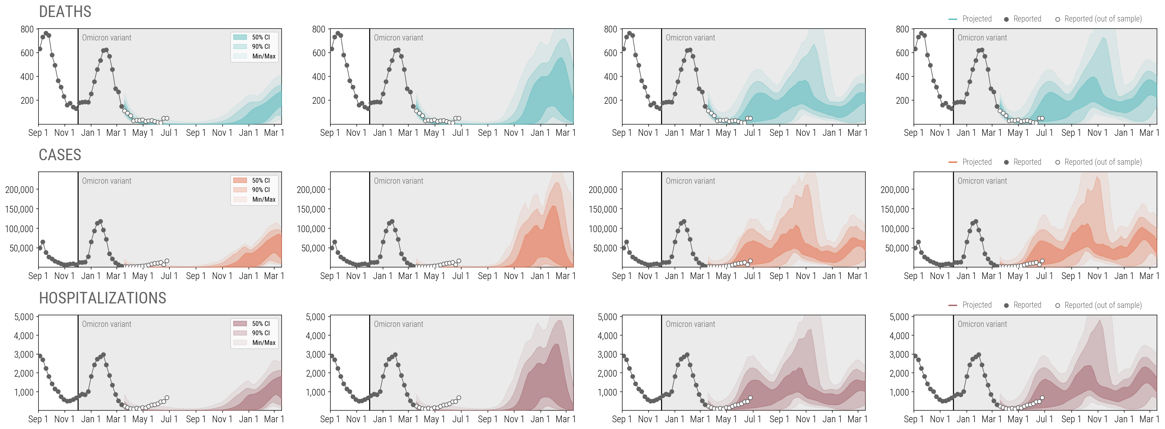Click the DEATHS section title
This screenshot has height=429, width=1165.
[x=65, y=12]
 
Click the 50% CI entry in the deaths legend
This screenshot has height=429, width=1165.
[x=260, y=37]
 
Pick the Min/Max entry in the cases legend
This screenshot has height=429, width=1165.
[x=264, y=199]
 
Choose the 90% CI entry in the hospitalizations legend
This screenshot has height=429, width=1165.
[x=260, y=333]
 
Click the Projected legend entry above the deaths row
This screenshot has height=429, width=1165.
[x=976, y=19]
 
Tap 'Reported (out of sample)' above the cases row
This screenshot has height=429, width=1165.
[x=1102, y=162]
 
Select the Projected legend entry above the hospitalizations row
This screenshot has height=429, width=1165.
[x=976, y=305]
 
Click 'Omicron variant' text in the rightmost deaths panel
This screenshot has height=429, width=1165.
[x=982, y=38]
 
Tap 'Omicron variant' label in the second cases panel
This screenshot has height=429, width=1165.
[x=398, y=181]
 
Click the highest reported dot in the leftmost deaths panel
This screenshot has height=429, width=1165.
[x=46, y=33]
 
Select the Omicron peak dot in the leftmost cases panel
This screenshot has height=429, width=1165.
[x=100, y=222]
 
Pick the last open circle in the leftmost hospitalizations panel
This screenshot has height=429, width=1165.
[x=167, y=398]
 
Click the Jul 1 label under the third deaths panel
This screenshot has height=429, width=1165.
[x=753, y=133]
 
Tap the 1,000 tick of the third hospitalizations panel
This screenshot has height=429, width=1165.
[x=608, y=392]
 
